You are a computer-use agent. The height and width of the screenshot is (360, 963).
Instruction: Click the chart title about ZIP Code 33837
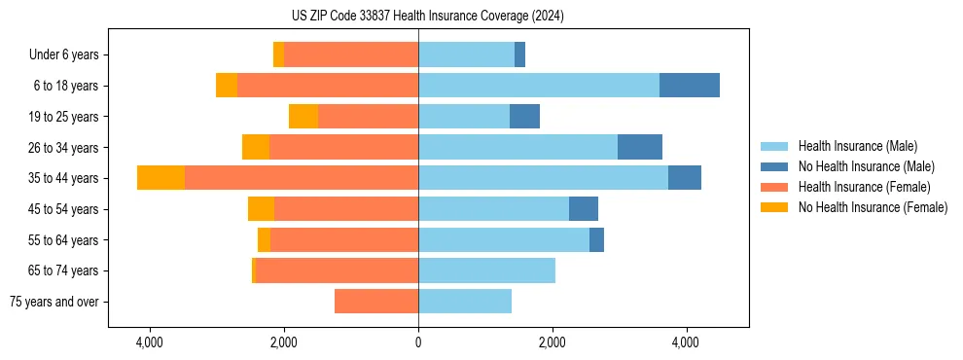427,17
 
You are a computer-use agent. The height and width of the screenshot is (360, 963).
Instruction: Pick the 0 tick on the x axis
418,343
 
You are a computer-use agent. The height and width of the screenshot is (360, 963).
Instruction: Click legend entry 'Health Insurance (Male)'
857,146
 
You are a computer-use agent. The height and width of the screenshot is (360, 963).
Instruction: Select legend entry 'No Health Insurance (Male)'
866,166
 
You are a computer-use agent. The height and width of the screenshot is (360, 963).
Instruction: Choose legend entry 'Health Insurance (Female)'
864,187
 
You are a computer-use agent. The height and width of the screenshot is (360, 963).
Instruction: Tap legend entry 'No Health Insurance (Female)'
873,207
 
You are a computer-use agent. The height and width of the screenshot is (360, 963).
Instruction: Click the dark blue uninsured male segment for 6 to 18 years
689,86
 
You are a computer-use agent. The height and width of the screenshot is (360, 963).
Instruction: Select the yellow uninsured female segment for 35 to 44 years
160,178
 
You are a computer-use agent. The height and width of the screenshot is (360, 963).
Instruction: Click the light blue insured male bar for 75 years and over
465,302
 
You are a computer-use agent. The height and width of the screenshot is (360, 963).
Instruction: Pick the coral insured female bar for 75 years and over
376,302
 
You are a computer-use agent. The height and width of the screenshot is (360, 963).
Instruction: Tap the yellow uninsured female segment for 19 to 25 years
303,117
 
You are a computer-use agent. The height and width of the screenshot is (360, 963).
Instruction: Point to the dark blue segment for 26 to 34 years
639,147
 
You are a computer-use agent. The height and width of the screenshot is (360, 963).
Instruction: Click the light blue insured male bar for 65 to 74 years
486,270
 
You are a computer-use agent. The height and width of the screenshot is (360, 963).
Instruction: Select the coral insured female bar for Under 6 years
351,54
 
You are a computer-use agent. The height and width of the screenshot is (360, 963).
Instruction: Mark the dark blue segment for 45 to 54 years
583,209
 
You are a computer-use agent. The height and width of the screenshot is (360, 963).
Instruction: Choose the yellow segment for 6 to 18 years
227,86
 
